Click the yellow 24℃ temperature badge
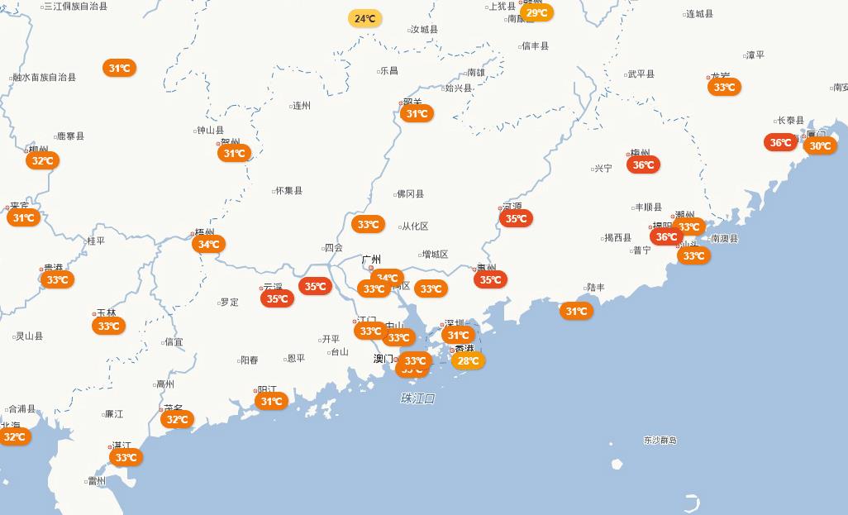point(364,18)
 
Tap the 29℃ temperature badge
point(536,12)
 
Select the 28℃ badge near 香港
point(468,360)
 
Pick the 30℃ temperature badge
point(820,146)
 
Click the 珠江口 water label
point(417,398)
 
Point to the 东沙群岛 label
point(660,441)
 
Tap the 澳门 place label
point(384,359)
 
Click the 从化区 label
point(414,227)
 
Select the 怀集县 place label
point(288,191)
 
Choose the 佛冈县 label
point(410,194)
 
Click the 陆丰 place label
point(596,288)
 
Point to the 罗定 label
point(229,303)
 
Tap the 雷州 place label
point(97,481)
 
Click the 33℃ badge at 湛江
point(126,457)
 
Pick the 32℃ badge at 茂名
point(177,419)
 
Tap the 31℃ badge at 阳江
point(271,402)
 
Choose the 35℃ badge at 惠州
point(490,279)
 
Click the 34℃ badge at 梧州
point(208,244)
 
